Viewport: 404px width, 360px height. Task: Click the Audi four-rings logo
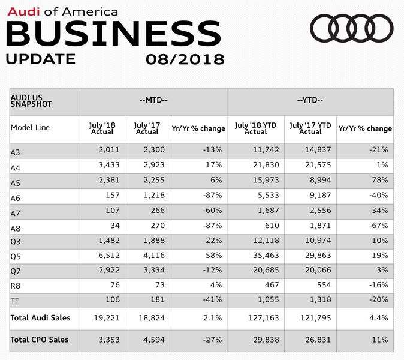352,28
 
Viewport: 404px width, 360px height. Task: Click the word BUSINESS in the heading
113,32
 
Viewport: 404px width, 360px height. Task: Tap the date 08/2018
185,59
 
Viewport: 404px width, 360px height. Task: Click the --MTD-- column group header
153,100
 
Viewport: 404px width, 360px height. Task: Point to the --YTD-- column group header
310,100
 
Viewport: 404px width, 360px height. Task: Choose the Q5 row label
16,256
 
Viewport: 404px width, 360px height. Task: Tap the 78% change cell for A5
379,181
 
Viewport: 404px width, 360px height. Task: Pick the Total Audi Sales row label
40,318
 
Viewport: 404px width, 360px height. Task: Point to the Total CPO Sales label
40,340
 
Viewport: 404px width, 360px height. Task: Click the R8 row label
16,286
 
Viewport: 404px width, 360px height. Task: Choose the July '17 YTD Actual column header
310,128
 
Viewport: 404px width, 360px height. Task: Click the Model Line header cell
30,128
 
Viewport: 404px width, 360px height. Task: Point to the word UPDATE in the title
41,59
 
